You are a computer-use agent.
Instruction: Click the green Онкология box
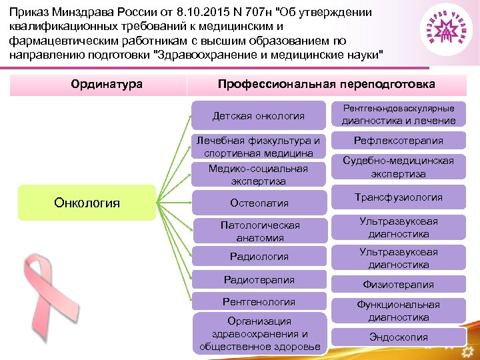[x=87, y=203]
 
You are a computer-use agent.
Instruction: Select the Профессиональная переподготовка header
[x=326, y=85]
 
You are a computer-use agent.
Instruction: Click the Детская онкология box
[x=259, y=116]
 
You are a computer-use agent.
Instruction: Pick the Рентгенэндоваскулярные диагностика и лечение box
[x=399, y=114]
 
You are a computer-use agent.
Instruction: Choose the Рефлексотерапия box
[x=399, y=141]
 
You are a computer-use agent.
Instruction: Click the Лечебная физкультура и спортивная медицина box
[x=259, y=147]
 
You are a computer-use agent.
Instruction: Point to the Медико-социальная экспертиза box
[x=259, y=175]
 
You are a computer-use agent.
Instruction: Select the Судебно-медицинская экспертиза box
[x=399, y=167]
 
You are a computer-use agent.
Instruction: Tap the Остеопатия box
[x=259, y=203]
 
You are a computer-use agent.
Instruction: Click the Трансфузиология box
[x=399, y=197]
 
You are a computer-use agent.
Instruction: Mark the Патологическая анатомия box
[x=259, y=231]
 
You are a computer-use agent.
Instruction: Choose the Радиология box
[x=259, y=257]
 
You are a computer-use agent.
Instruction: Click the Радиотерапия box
[x=259, y=280]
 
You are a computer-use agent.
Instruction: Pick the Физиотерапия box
[x=399, y=285]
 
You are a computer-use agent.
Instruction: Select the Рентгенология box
[x=259, y=302]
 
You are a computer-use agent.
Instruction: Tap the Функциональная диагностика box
[x=399, y=311]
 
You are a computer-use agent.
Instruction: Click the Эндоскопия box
[x=399, y=337]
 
